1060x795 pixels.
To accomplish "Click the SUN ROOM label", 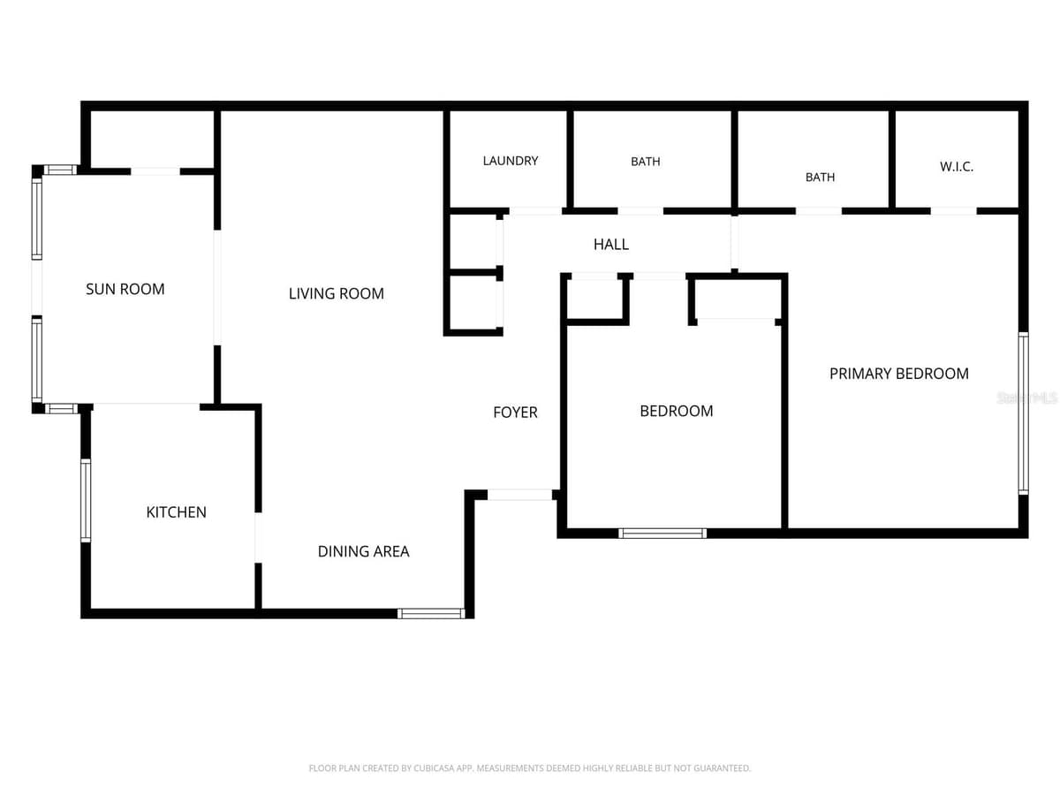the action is point(125,289).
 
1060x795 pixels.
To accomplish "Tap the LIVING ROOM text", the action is point(337,293).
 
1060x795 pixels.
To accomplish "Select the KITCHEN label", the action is point(177,512).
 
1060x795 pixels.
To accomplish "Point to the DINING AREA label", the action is point(363,551).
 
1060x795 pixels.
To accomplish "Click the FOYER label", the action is point(515,413).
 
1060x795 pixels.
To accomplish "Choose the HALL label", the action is point(611,245).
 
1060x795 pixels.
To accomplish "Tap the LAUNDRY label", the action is point(510,161).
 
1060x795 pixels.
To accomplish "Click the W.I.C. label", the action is point(956,167).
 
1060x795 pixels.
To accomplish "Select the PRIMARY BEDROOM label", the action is point(898,374).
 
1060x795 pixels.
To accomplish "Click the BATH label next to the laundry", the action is point(645,162).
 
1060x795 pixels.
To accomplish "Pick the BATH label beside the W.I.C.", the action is point(820,178).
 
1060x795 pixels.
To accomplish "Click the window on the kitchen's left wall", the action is point(86,500).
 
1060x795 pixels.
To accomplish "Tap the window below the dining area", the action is point(431,614).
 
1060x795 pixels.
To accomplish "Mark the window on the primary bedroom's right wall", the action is point(1023,413).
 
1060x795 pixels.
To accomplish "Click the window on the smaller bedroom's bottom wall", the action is point(662,533).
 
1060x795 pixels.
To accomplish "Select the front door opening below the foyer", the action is point(519,495).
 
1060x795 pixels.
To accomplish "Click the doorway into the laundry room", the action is point(535,211).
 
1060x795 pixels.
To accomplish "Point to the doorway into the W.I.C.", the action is point(953,211).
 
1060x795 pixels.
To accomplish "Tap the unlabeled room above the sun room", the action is point(152,139).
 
